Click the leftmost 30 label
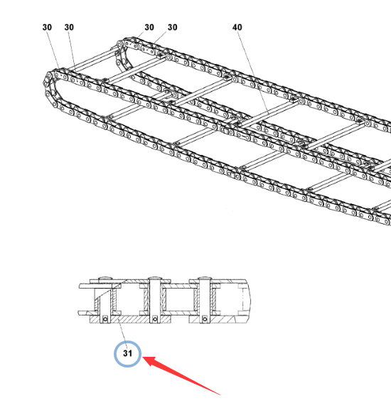[47, 27]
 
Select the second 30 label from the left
[69, 27]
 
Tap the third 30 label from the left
[149, 27]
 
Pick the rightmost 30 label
[172, 27]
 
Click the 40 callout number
[237, 27]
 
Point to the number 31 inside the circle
[127, 353]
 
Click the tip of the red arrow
[143, 358]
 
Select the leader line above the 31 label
[123, 335]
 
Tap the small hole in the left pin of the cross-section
[105, 319]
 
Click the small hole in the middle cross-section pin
[155, 319]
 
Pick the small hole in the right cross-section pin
[205, 319]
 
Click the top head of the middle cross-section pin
[155, 279]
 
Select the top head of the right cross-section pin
[205, 279]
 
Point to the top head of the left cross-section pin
[105, 279]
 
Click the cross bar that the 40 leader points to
[268, 114]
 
